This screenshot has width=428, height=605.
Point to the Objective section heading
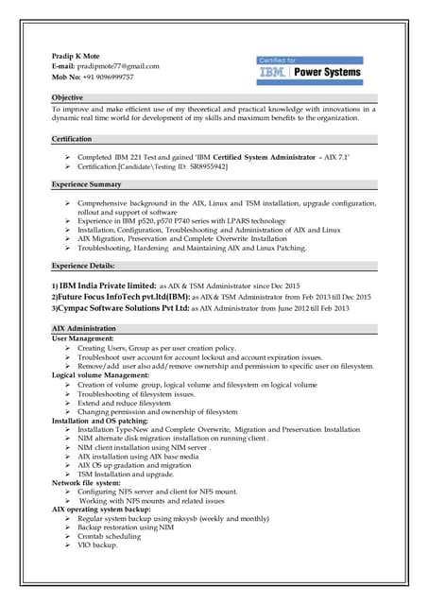(67, 98)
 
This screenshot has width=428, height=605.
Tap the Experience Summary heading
(86, 184)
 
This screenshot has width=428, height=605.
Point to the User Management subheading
(82, 337)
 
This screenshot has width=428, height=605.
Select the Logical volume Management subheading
(102, 375)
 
